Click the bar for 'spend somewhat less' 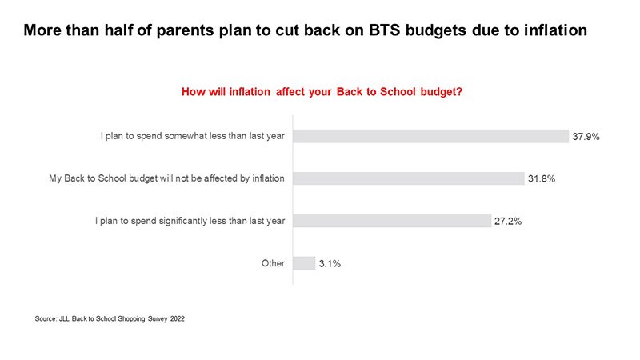coord(430,136)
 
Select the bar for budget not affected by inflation coord(409,178)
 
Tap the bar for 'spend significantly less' coord(392,221)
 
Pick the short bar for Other coord(304,263)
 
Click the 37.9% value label coord(586,137)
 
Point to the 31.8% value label coord(542,178)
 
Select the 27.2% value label coord(508,222)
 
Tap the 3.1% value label coord(330,264)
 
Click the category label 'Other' coord(273,263)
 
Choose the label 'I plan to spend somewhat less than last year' coord(193,136)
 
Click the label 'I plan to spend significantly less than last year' coord(190,221)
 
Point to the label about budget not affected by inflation coord(166,178)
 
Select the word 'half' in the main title coord(118,30)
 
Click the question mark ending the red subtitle coord(459,91)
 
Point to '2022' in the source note coord(177,318)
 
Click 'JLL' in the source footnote coord(64,318)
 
